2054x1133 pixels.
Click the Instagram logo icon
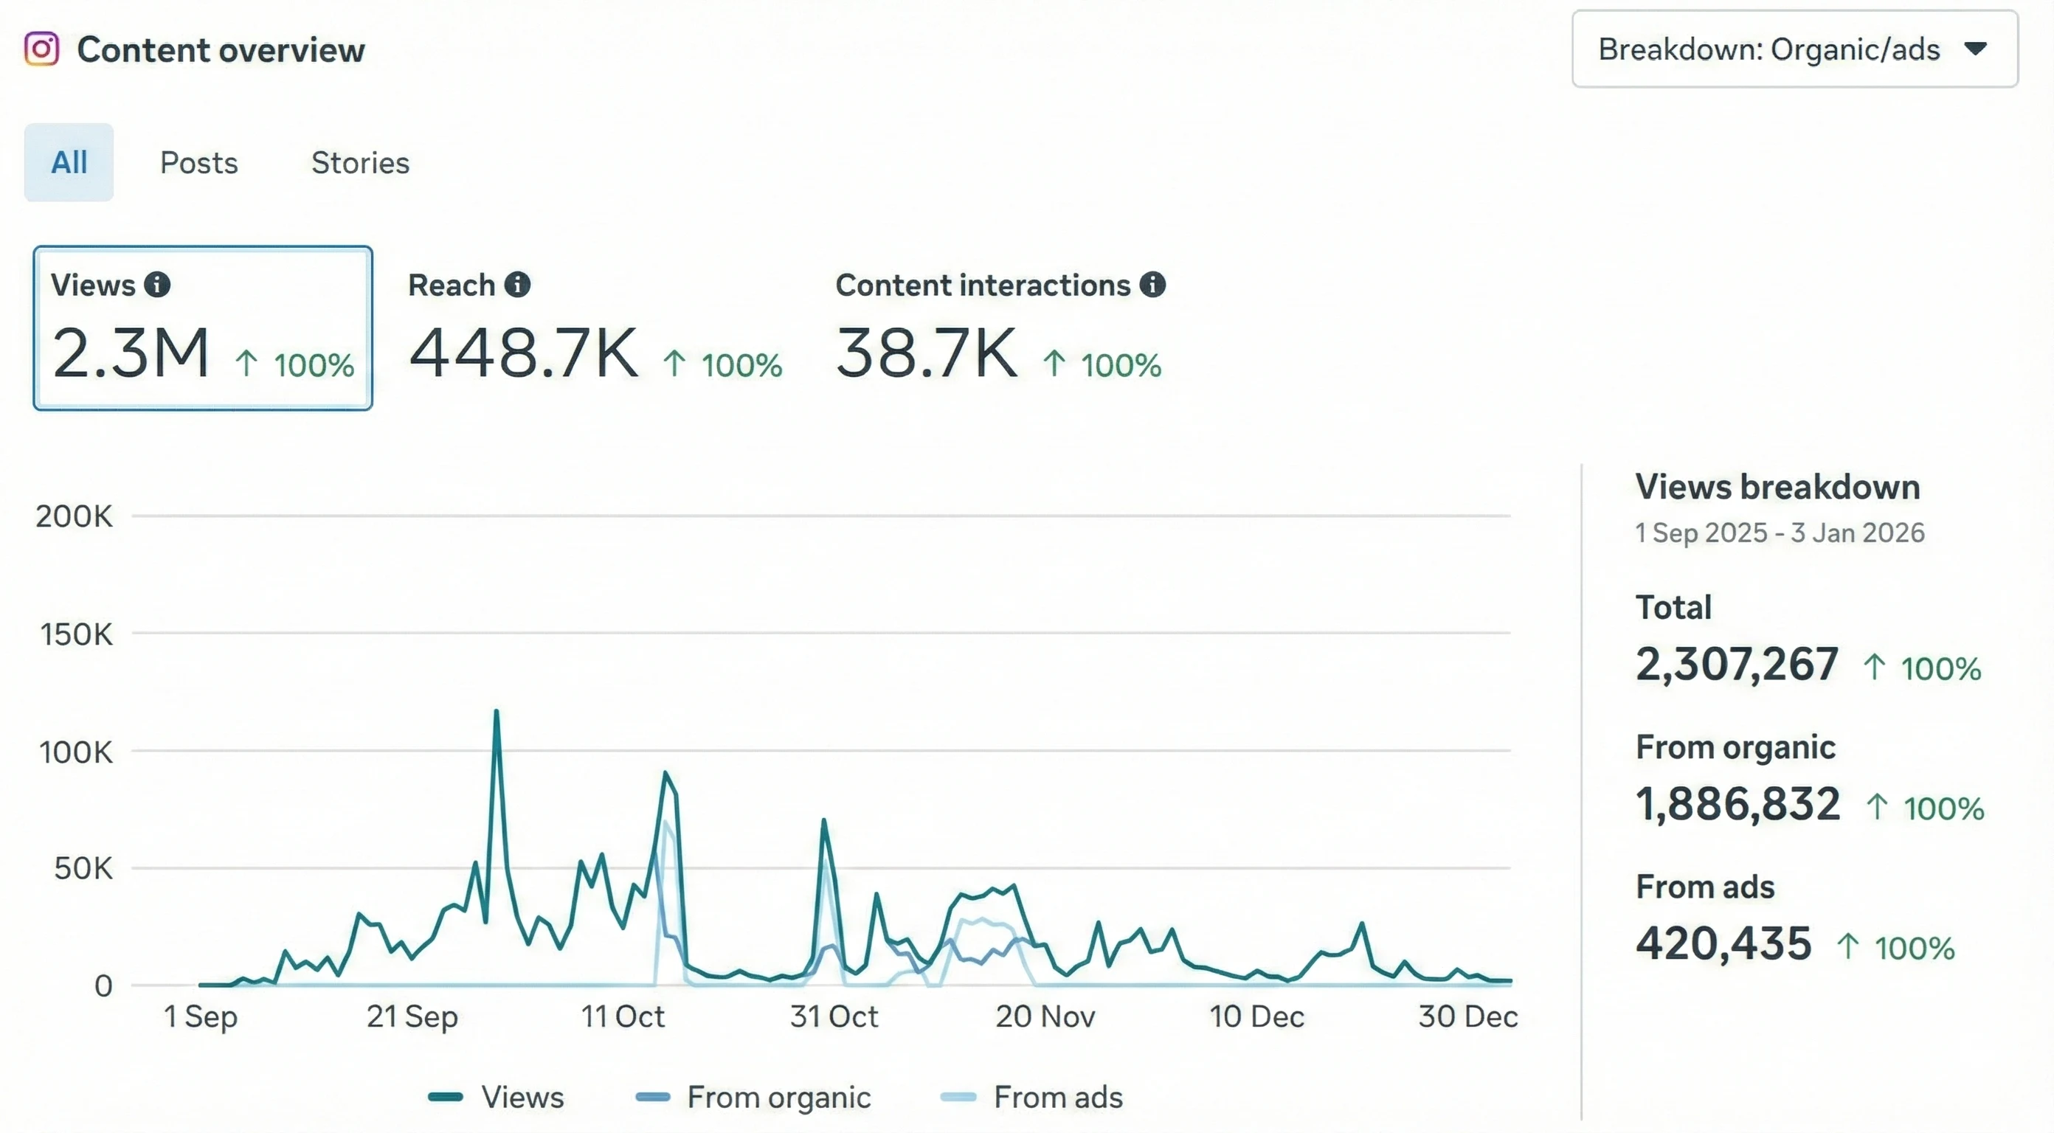[x=41, y=49]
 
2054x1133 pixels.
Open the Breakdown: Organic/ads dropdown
[x=1794, y=49]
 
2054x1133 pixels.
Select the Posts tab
[x=198, y=163]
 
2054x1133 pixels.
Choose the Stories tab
[x=359, y=163]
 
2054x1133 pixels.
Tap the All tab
[x=69, y=163]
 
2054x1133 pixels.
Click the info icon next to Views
[x=157, y=285]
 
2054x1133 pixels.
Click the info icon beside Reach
[x=517, y=285]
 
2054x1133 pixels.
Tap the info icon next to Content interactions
[x=1152, y=285]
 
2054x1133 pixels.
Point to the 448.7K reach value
[x=523, y=353]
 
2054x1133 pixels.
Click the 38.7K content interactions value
[x=926, y=353]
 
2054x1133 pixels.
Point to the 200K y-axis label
[x=75, y=516]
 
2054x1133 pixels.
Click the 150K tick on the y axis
[x=76, y=634]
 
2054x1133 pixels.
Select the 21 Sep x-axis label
[x=412, y=1016]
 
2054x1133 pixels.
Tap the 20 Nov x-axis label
[x=1045, y=1016]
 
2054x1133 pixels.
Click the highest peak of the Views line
[x=496, y=711]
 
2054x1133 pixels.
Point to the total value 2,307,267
[x=1737, y=664]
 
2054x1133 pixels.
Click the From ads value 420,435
[x=1723, y=944]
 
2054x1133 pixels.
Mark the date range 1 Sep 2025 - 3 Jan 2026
[x=1780, y=533]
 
